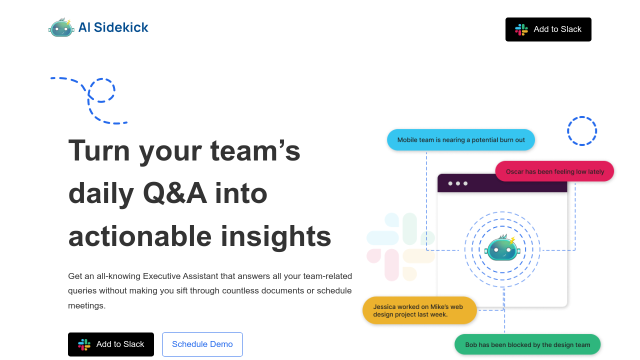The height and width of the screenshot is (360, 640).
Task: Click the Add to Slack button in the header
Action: click(x=548, y=29)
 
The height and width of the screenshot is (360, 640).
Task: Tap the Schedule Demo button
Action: click(x=202, y=344)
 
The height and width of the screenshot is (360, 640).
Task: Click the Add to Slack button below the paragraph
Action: click(x=111, y=344)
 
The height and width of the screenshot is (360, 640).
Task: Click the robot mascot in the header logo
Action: click(x=61, y=28)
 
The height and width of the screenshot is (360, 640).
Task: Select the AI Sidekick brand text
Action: click(x=113, y=27)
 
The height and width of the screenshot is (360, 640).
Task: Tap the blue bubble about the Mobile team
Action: click(x=461, y=140)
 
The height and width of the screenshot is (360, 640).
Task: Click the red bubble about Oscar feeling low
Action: click(x=554, y=171)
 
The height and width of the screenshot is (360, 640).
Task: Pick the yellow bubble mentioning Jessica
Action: click(x=419, y=310)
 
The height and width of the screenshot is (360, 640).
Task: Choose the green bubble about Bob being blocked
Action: click(x=527, y=344)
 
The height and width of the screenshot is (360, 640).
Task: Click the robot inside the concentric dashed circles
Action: click(x=502, y=248)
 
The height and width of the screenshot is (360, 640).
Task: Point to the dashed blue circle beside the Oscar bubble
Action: click(x=582, y=131)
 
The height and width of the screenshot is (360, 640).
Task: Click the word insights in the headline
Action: click(x=276, y=236)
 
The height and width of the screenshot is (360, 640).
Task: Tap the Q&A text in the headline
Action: click(x=175, y=193)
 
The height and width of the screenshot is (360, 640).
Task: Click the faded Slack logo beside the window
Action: click(x=400, y=247)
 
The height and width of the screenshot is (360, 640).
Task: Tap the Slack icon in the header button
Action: click(x=521, y=29)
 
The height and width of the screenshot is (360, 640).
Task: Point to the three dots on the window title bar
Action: click(x=457, y=183)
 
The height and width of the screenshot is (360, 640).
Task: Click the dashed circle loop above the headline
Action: click(x=102, y=90)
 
